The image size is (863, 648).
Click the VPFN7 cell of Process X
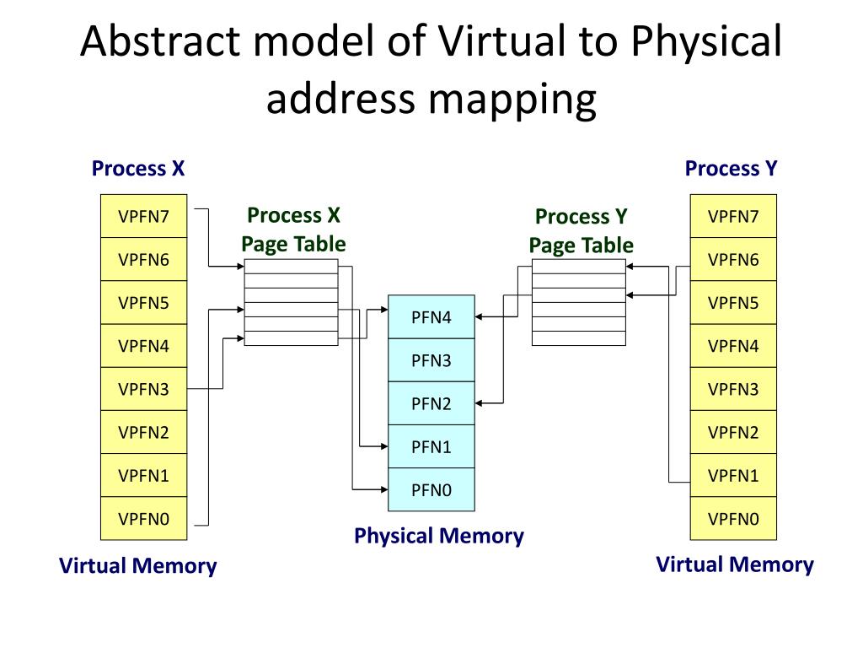coord(143,216)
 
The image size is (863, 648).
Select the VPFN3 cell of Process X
coord(143,389)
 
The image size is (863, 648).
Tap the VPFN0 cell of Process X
coord(143,518)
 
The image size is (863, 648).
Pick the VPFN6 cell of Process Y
coord(733,259)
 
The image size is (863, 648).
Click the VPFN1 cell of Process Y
coord(733,475)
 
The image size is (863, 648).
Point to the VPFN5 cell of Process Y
coord(733,302)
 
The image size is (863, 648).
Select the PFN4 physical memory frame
coord(431,317)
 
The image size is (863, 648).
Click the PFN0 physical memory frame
coord(431,489)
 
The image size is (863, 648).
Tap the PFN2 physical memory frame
coord(431,403)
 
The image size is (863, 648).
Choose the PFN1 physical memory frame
coord(431,446)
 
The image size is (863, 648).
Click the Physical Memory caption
coord(438,536)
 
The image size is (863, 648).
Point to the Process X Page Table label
coord(293,229)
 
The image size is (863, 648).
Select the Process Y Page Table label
coord(581,230)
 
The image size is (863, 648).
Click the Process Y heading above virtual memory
coord(731,168)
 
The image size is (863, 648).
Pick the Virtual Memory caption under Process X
coord(137,565)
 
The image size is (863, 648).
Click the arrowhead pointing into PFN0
coord(383,489)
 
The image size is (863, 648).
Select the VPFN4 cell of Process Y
coord(733,346)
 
